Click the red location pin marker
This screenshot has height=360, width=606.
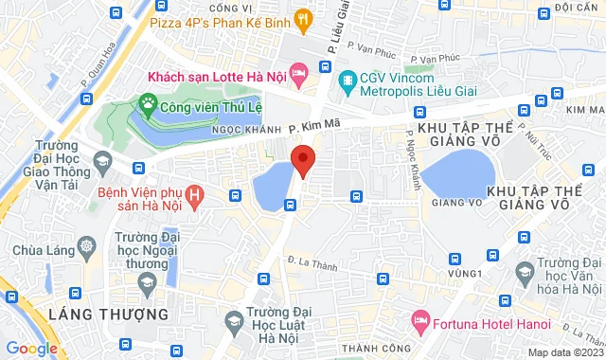coord(302,160)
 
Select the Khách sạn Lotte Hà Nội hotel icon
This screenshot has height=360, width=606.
coord(297,72)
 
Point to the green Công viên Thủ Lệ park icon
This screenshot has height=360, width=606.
coord(148,100)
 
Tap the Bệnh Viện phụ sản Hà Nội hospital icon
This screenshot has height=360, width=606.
coord(195,197)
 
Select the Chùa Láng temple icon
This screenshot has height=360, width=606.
coord(87,247)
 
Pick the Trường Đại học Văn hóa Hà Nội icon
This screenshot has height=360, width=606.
coord(524,272)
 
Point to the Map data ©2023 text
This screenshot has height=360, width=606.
coord(564,352)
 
